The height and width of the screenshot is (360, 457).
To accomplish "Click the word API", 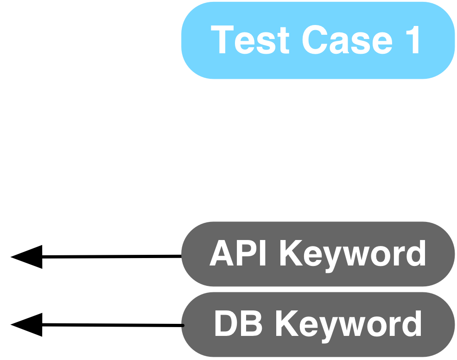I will (238, 254).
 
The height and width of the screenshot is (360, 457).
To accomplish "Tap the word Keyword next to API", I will (352, 254).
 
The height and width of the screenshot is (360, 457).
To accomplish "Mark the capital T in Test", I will (222, 40).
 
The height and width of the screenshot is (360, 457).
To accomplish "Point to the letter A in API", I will (222, 254).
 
